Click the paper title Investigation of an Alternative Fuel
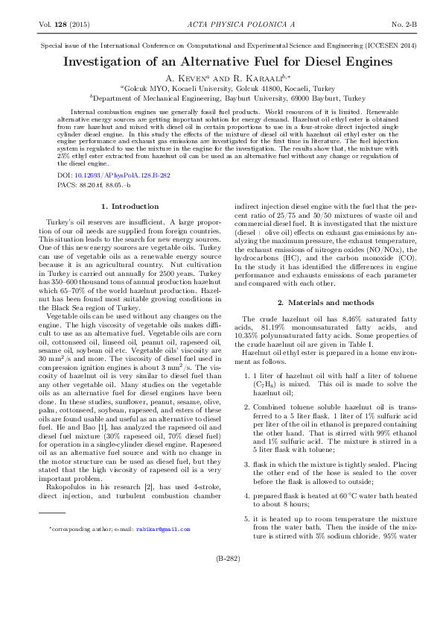(x=221, y=61)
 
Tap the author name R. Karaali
(x=249, y=78)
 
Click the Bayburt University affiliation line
(x=221, y=98)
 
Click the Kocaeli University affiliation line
(x=221, y=88)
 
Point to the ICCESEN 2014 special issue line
(x=221, y=45)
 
